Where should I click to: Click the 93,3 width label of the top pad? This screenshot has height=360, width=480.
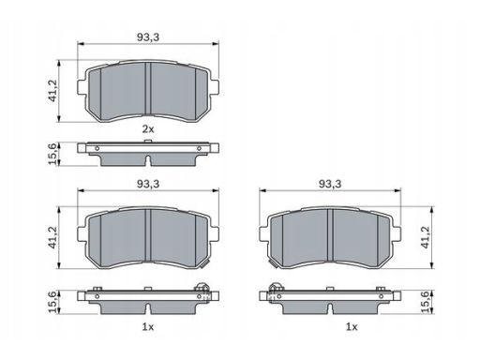tap(148, 37)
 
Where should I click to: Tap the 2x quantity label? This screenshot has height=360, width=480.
tap(148, 128)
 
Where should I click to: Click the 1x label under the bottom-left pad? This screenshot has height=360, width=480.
tap(148, 327)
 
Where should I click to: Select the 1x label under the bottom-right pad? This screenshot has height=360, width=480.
tap(352, 327)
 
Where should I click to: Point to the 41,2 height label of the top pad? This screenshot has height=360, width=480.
tap(52, 90)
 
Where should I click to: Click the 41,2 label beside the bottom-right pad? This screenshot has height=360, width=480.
tap(426, 237)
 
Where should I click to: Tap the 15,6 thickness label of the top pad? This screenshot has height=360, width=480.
tap(52, 154)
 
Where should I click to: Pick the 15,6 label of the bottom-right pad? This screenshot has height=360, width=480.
tap(426, 301)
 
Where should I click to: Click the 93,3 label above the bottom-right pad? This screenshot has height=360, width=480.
tap(330, 184)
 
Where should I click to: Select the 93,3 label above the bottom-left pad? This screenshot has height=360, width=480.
tap(148, 184)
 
